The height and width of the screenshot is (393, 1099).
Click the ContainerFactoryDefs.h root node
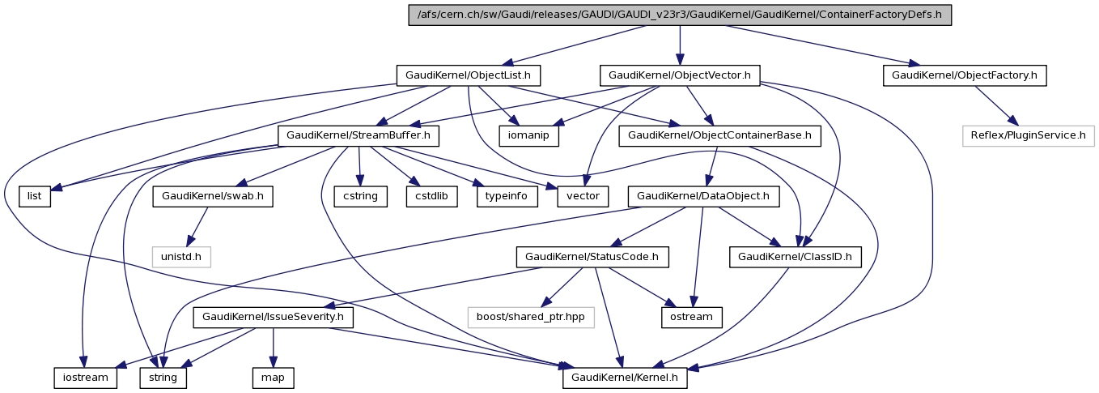(x=680, y=15)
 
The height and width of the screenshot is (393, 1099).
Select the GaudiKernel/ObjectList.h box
(x=469, y=75)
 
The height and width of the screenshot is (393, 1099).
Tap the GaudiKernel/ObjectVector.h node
(x=680, y=75)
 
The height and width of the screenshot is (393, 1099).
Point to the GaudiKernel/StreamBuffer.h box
(x=359, y=135)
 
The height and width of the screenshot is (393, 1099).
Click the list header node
(x=35, y=196)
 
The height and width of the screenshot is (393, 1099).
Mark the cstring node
(x=359, y=196)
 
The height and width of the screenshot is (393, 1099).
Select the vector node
(x=583, y=196)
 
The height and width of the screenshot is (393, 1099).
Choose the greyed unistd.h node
(x=181, y=257)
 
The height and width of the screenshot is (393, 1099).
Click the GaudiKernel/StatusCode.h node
(x=592, y=257)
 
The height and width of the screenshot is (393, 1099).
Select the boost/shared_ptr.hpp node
(x=530, y=317)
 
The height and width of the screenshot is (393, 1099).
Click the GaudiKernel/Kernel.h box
(x=626, y=378)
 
